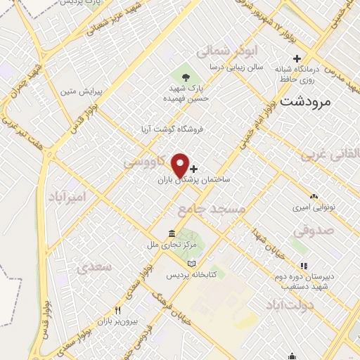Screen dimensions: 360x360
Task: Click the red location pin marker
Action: (180, 165)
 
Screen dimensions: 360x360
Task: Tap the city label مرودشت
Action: (304, 101)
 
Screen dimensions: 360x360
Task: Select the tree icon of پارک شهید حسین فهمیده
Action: (186, 77)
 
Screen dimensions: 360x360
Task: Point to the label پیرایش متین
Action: (76, 91)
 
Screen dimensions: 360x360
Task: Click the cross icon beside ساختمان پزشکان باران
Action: (194, 169)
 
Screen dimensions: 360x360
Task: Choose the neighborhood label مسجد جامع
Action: (221, 210)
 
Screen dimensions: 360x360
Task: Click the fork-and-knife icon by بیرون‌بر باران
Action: (118, 310)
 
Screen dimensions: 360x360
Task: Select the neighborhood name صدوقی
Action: (310, 230)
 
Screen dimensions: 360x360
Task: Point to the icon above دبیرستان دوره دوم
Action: (304, 266)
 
